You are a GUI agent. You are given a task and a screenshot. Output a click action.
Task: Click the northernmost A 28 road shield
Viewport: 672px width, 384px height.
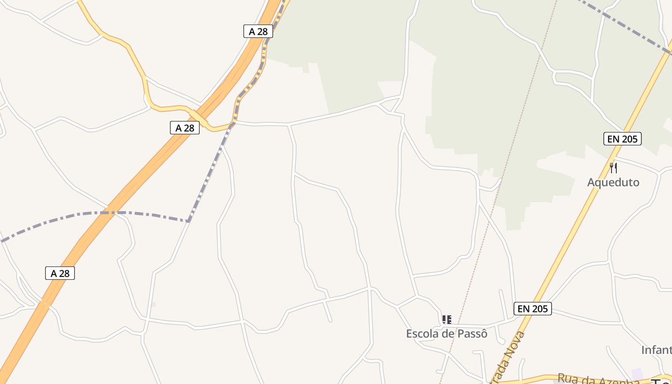[x=258, y=32]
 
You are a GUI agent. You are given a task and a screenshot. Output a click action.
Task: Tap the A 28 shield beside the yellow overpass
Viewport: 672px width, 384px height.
[x=185, y=128]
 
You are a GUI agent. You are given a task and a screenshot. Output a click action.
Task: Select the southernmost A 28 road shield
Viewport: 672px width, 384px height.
[x=60, y=274]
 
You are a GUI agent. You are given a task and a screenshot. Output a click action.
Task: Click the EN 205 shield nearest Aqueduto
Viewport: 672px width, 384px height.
[x=622, y=139]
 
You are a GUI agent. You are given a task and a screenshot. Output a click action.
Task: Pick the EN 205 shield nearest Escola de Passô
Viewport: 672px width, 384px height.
[x=532, y=309]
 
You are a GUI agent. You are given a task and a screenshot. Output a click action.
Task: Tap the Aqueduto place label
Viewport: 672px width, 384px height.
[x=613, y=182]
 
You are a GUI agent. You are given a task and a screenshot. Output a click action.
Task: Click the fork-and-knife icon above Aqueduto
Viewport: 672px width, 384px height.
[x=613, y=168]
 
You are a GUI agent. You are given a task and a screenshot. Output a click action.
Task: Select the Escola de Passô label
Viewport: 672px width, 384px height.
[x=446, y=334]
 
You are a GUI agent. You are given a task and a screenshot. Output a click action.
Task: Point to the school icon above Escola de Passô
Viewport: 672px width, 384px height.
[x=447, y=319]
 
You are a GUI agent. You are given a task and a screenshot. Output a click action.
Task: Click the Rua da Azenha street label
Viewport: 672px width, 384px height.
[x=598, y=380]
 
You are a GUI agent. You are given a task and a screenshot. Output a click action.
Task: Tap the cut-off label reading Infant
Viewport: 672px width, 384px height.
[x=656, y=350]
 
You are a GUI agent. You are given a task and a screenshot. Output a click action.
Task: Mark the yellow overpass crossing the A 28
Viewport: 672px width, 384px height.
[x=199, y=118]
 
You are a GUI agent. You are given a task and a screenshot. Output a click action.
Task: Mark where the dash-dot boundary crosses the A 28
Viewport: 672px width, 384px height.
[x=103, y=212]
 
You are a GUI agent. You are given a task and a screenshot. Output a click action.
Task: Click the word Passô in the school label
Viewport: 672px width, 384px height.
[x=472, y=334]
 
